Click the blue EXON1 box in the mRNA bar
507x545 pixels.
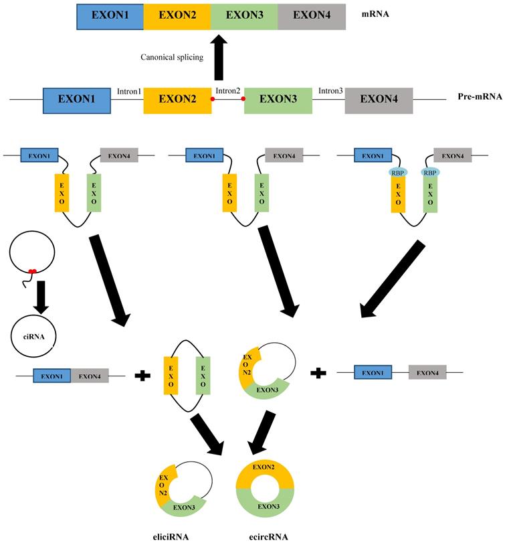pyautogui.click(x=110, y=16)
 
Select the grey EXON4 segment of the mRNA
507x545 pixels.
pyautogui.click(x=312, y=16)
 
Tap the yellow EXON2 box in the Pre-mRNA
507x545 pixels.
pyautogui.click(x=178, y=98)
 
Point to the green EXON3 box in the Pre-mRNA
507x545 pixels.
pyautogui.click(x=278, y=98)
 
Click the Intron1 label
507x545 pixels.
pyautogui.click(x=129, y=90)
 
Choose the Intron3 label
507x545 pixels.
pyautogui.click(x=330, y=90)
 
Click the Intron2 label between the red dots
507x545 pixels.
pyautogui.click(x=227, y=91)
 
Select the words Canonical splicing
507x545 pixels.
pyautogui.click(x=172, y=57)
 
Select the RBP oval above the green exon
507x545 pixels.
pyautogui.click(x=430, y=172)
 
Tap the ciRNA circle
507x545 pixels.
pyautogui.click(x=33, y=333)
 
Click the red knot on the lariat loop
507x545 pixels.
pyautogui.click(x=31, y=270)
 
